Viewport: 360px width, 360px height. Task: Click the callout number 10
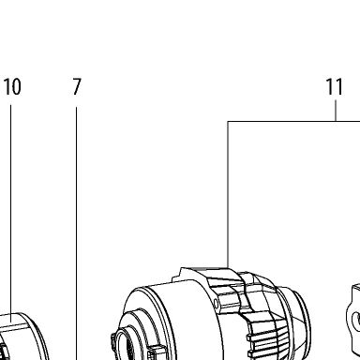12,86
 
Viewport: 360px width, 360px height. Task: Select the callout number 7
77,86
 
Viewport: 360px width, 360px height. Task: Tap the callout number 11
335,86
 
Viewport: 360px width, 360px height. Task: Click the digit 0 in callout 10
16,86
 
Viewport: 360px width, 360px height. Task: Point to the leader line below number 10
10,214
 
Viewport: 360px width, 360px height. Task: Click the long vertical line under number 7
77,233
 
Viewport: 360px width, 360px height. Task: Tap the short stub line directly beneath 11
336,111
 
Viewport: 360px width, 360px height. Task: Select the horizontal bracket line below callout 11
293,121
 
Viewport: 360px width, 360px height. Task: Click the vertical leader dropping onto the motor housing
228,194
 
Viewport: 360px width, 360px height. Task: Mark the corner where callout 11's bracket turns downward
228,121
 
